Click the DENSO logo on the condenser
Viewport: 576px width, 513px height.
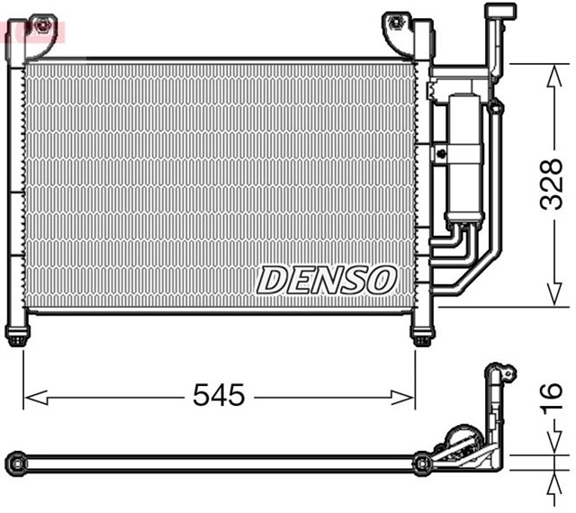326,280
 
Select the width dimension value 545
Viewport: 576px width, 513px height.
220,395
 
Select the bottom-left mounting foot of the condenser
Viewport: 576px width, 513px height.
17,337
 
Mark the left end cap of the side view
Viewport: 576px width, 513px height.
13,463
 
